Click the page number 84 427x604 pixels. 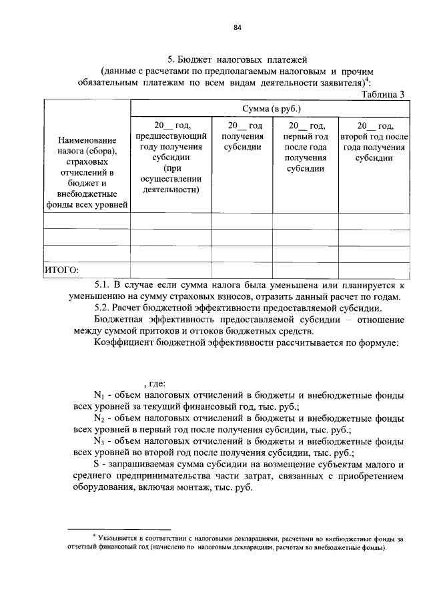pos(237,27)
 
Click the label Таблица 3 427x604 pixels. pos(383,94)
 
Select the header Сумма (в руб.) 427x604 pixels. pos(270,107)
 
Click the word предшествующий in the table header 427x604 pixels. pos(171,136)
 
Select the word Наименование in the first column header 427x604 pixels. pos(87,141)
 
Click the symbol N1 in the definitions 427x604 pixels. pos(100,395)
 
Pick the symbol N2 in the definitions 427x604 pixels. pos(100,418)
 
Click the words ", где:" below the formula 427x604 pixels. pos(153,384)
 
